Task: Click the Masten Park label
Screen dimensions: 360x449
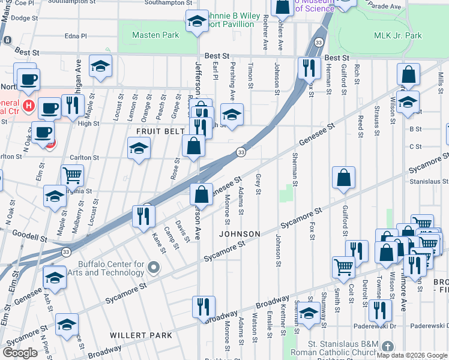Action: click(x=155, y=35)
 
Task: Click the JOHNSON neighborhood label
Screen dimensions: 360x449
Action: click(x=240, y=234)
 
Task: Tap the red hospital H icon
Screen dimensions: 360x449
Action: click(x=27, y=107)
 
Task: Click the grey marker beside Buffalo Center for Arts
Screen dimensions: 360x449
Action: click(x=154, y=266)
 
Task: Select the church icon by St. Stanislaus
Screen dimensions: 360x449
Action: click(x=388, y=347)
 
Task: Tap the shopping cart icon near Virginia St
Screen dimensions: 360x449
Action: click(x=72, y=175)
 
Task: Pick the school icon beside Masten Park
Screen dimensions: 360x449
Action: click(x=196, y=22)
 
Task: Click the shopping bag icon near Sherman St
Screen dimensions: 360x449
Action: click(x=343, y=178)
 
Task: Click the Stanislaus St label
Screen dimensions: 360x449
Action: click(x=429, y=181)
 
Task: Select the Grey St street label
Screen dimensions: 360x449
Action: click(x=258, y=184)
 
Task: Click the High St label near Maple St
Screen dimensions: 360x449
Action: click(x=88, y=124)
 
